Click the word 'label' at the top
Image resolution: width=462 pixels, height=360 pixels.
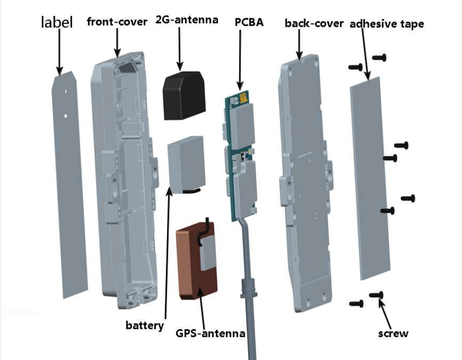pos(56,22)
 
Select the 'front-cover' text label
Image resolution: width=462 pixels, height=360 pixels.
pos(117,21)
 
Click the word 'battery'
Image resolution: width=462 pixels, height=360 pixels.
pos(145,325)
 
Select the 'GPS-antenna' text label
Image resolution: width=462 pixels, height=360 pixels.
pos(210,333)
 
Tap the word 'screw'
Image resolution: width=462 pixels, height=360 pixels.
pos(393,333)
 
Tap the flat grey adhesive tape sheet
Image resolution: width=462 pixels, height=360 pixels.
pos(373,177)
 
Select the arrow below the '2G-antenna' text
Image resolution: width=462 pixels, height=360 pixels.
pos(179,48)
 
